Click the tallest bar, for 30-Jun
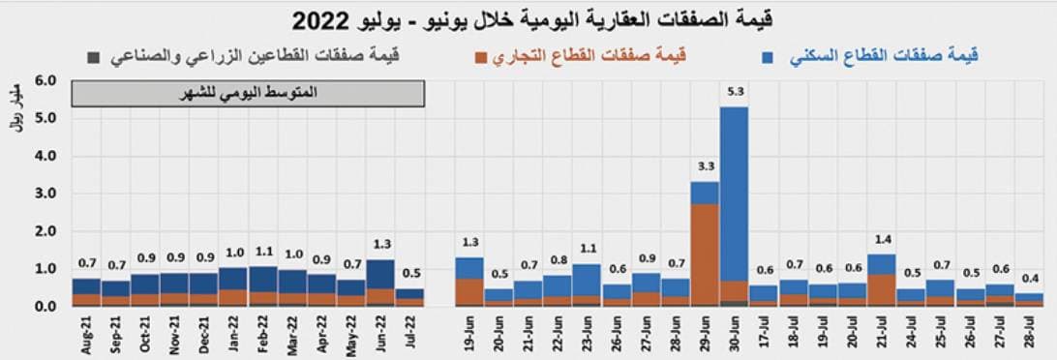pos(734,194)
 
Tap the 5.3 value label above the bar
pos(734,93)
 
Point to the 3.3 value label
pos(705,165)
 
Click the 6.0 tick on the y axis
pos(47,80)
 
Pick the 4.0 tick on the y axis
pos(47,156)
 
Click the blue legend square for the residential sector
pos(768,58)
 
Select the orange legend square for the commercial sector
pos(481,58)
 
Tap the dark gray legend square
pos(92,58)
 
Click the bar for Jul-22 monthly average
pos(409,297)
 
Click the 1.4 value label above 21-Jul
pos(881,238)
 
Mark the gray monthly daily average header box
pos(248,94)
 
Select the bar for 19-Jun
pos(469,282)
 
